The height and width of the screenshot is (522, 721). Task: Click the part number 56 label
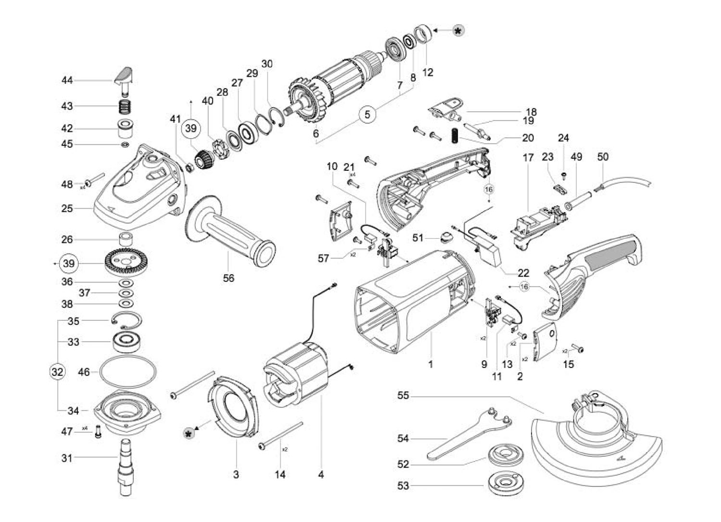228,278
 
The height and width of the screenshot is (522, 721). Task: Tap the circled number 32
57,372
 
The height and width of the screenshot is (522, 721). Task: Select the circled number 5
367,115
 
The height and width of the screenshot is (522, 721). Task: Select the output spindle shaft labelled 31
124,466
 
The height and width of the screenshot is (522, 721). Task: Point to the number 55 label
403,395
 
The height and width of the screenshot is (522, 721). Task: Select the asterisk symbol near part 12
458,30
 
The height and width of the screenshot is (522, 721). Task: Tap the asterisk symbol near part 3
188,433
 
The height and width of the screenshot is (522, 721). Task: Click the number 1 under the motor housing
431,364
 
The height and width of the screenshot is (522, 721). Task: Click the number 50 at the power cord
602,157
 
